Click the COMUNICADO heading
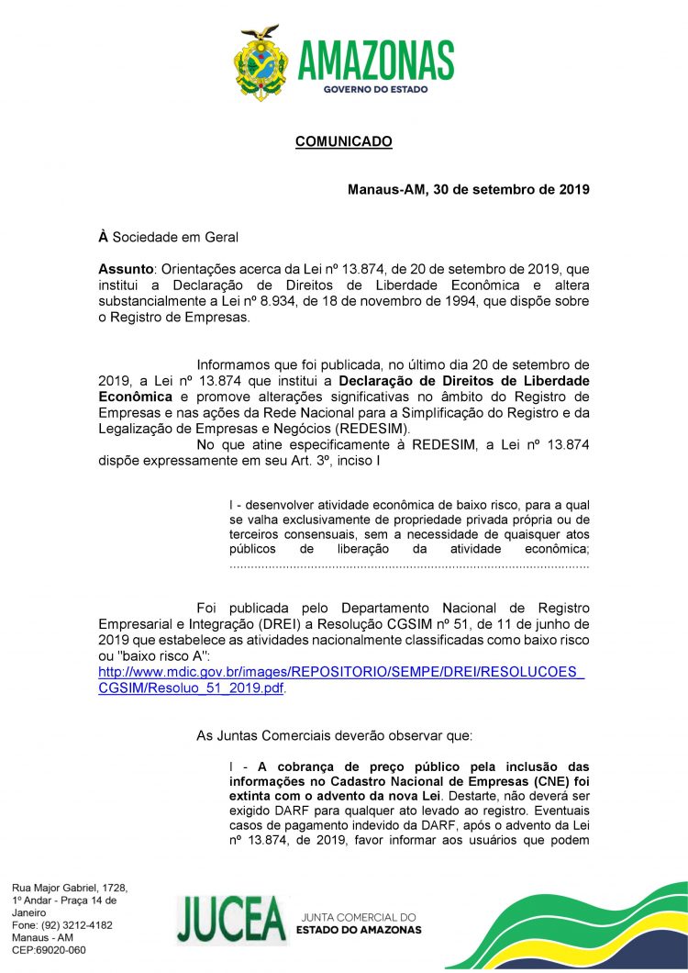click(x=343, y=142)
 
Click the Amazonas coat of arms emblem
click(x=261, y=63)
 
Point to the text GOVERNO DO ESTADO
click(x=375, y=89)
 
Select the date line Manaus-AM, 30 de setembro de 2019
click(x=468, y=190)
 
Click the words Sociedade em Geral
click(x=175, y=238)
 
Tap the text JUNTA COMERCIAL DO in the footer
click(x=358, y=917)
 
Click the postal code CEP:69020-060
click(x=49, y=950)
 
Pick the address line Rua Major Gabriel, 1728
click(x=70, y=889)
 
